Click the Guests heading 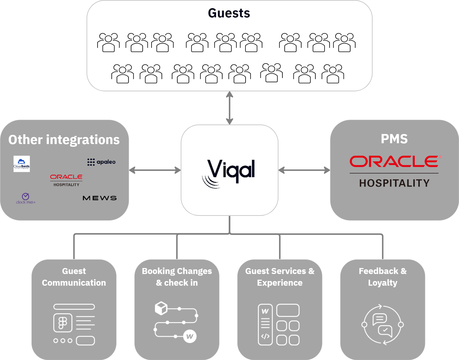(229, 13)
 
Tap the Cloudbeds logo (22, 164)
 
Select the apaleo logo (102, 162)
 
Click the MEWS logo (100, 198)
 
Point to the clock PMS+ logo (26, 198)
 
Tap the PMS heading (394, 139)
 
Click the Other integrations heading (64, 140)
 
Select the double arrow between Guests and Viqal (230, 108)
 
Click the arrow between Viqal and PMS (304, 170)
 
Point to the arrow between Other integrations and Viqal (155, 170)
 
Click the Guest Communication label (74, 277)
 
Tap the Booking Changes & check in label (177, 277)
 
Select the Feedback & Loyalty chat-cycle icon (383, 324)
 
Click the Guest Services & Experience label (280, 277)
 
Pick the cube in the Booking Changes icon (161, 308)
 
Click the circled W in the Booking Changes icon (190, 337)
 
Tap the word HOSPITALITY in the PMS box (395, 183)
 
